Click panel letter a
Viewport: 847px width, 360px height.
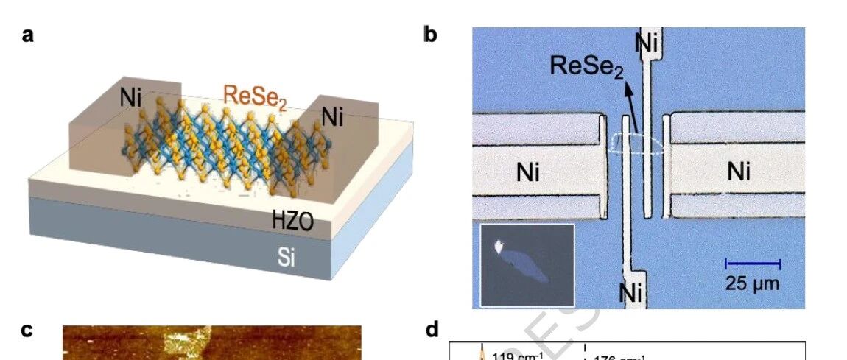tap(28, 35)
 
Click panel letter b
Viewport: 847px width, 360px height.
tap(432, 35)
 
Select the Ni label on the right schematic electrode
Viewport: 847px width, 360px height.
tap(332, 117)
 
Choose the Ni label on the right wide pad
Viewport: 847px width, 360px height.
tap(739, 172)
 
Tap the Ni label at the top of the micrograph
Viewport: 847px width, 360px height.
tap(647, 43)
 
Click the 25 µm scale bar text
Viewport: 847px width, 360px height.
tap(752, 282)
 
